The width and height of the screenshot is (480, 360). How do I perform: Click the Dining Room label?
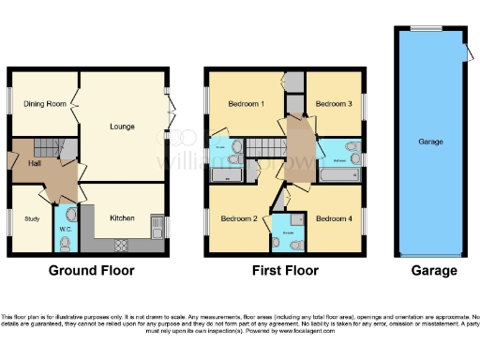point(44,104)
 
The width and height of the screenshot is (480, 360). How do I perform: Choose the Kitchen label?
point(123,218)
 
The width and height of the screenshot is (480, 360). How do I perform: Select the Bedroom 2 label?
point(238,219)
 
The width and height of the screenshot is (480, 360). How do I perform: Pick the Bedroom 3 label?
point(334,104)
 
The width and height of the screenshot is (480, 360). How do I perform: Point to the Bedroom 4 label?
point(334,219)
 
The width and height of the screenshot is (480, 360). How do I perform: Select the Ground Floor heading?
point(91,271)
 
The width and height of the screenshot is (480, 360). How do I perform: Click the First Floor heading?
point(285,271)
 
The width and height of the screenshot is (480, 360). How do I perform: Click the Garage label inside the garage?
point(430,142)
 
